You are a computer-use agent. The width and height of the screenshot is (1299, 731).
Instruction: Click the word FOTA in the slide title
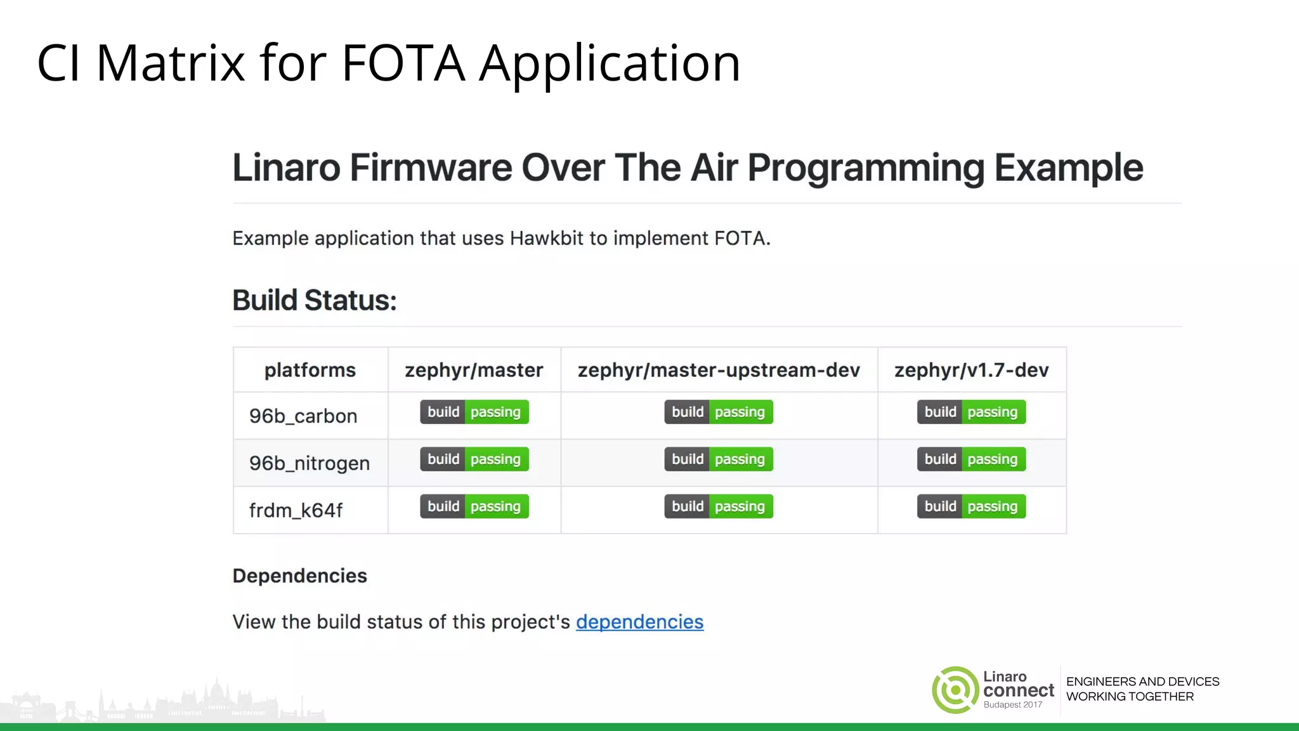(x=403, y=63)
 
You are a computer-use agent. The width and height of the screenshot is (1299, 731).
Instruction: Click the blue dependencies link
(x=639, y=622)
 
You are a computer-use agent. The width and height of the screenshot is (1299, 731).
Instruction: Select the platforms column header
(x=310, y=370)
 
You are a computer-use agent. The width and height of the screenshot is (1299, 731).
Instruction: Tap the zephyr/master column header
(x=474, y=370)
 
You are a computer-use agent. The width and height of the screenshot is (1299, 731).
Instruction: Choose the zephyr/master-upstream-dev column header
(x=719, y=370)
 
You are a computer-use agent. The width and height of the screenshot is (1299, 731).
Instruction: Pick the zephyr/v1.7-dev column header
(x=971, y=370)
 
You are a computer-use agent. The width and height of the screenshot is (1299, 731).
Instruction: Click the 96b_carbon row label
(x=303, y=416)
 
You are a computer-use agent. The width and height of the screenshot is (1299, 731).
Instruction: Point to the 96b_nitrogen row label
(x=309, y=463)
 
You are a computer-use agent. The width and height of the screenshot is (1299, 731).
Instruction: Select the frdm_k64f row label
(x=296, y=510)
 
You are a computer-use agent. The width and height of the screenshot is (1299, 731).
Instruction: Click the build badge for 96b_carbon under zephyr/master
(x=474, y=412)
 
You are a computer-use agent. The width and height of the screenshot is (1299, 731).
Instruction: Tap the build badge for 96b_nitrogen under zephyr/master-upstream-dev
(x=719, y=459)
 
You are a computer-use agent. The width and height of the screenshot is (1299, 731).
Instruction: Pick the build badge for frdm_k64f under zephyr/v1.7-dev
(x=971, y=506)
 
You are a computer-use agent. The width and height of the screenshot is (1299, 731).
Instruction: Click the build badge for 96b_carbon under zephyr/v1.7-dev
(x=971, y=412)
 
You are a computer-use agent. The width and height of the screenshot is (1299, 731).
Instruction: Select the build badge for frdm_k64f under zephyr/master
(x=474, y=506)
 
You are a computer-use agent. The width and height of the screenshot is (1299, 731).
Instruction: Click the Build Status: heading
(x=314, y=300)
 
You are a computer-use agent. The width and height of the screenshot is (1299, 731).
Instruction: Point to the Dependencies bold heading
(x=299, y=576)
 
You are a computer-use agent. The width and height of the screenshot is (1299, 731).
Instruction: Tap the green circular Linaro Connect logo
(x=955, y=690)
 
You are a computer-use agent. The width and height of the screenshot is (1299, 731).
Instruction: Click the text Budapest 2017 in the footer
(x=1012, y=705)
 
